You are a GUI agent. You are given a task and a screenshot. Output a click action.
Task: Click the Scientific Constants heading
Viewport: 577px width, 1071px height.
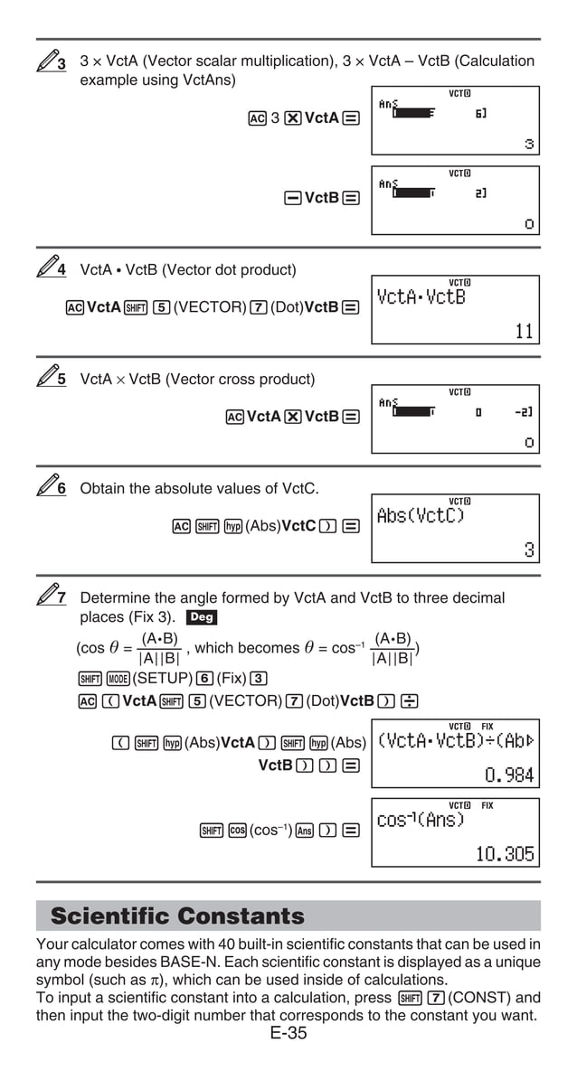click(x=177, y=916)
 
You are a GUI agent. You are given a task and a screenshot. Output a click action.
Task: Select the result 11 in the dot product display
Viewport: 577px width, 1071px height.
click(x=525, y=332)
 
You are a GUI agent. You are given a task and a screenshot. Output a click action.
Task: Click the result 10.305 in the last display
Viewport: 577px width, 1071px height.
click(x=505, y=854)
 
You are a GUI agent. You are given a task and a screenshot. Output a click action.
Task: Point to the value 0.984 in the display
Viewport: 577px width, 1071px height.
click(x=509, y=775)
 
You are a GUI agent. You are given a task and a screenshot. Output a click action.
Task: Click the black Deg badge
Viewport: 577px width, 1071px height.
click(x=201, y=618)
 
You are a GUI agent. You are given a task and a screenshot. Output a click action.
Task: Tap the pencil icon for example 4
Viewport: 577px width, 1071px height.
click(x=52, y=268)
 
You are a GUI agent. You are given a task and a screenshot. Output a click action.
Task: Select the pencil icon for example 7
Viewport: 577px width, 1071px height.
click(x=52, y=596)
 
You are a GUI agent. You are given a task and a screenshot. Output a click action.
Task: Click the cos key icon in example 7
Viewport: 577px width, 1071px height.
click(x=237, y=830)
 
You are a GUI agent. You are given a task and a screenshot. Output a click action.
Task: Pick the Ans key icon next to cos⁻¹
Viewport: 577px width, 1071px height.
click(x=305, y=830)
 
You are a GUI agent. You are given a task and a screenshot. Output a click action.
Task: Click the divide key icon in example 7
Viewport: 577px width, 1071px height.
click(x=409, y=700)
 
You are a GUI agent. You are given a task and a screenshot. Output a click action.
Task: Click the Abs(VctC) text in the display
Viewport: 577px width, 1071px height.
click(x=421, y=515)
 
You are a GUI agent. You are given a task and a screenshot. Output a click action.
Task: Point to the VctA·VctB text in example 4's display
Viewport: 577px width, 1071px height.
click(x=421, y=297)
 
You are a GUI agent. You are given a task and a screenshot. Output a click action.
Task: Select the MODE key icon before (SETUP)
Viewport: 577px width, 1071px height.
click(x=118, y=678)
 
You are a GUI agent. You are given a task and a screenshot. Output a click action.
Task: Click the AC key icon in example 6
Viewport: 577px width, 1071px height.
click(x=181, y=526)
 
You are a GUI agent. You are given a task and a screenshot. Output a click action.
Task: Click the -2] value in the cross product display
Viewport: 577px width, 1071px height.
click(x=523, y=412)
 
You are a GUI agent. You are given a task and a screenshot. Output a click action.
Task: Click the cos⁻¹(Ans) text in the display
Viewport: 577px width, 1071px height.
click(x=421, y=821)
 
